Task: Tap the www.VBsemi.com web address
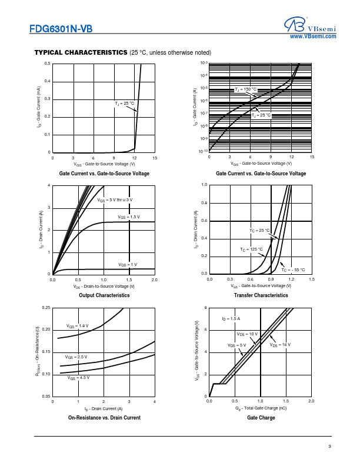point(314,36)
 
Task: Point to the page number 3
point(330,447)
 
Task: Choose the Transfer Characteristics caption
point(261,295)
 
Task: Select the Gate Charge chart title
point(261,418)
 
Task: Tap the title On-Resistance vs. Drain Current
point(104,418)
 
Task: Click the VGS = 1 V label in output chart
point(128,265)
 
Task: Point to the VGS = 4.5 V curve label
point(78,377)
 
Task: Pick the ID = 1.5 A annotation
point(231,318)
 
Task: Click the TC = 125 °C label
point(251,250)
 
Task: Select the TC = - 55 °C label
point(293,269)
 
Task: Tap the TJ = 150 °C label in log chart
point(246,89)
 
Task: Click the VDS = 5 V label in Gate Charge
point(236,345)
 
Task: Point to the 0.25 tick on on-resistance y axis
point(46,308)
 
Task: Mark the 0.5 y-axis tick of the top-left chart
point(48,63)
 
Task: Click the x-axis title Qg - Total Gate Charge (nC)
point(261,408)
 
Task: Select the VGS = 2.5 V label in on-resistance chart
point(76,357)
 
